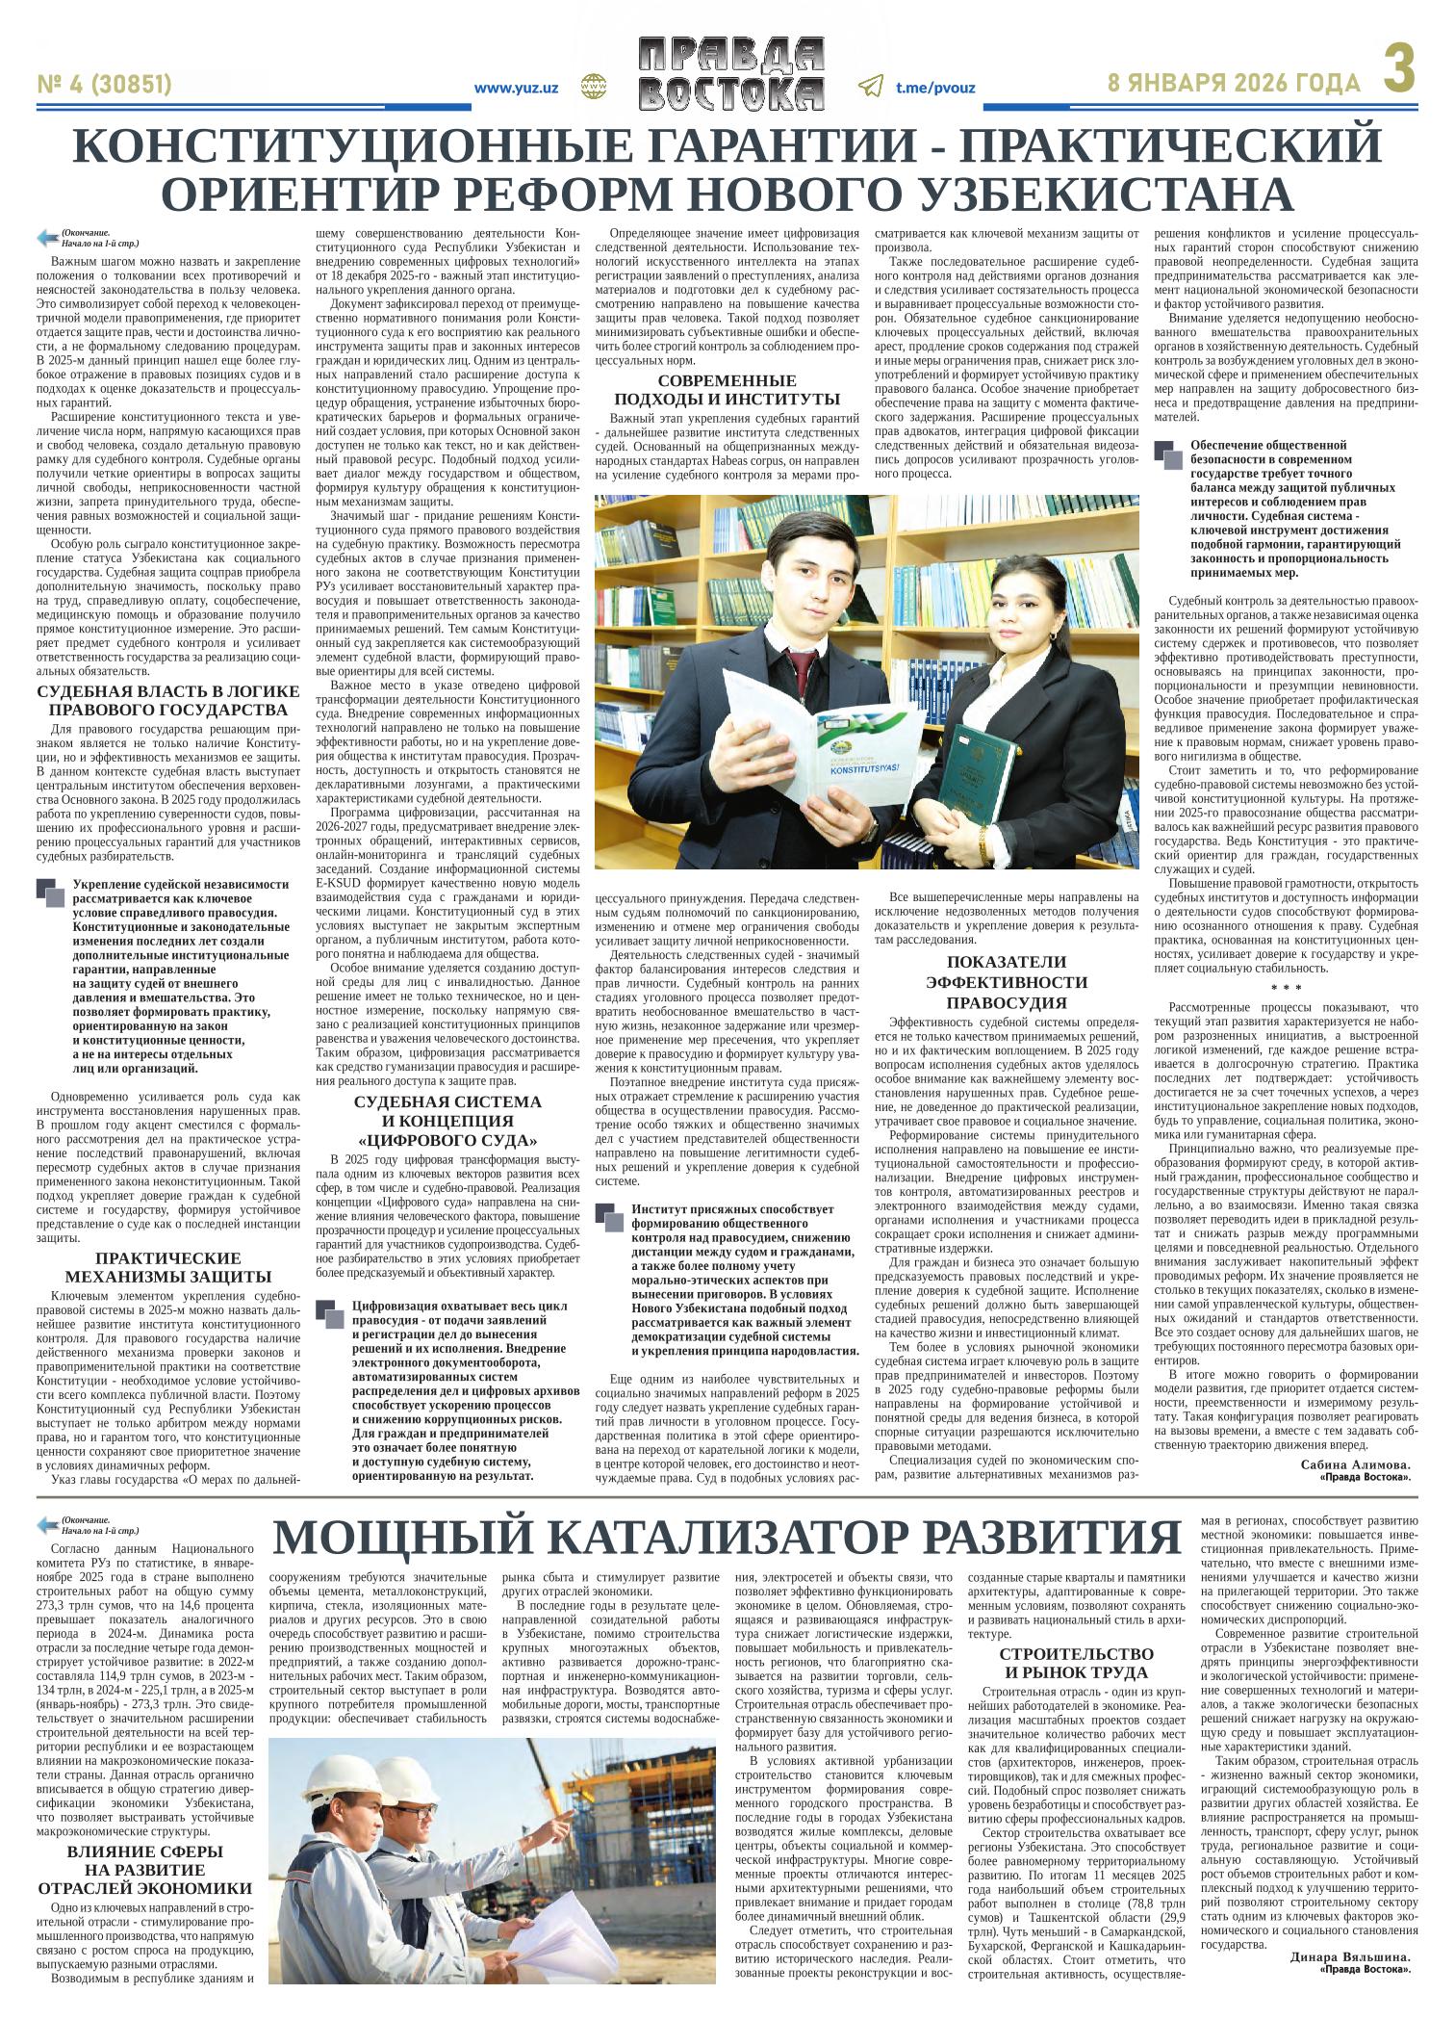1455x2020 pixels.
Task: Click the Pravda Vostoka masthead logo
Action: (731, 74)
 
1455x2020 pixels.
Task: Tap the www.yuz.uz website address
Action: (516, 88)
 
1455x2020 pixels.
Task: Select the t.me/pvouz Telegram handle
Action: (935, 88)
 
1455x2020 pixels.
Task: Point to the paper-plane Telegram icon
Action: (870, 87)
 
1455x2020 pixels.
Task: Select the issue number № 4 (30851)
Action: (104, 86)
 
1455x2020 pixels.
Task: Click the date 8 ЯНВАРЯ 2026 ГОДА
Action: (1235, 84)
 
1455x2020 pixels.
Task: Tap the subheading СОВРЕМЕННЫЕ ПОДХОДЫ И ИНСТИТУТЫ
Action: (727, 389)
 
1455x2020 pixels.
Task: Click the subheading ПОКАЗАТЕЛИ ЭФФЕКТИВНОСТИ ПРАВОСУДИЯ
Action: (1006, 981)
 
